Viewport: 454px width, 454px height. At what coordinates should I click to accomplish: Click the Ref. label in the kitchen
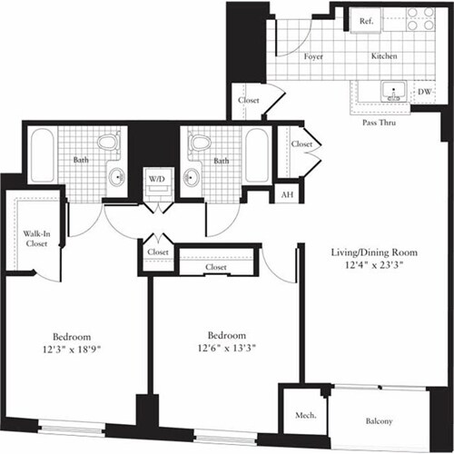[x=368, y=21]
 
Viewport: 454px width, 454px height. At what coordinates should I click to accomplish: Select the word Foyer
[x=314, y=56]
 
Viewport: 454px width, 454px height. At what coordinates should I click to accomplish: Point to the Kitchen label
[x=384, y=56]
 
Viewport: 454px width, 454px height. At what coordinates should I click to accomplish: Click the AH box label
[x=288, y=193]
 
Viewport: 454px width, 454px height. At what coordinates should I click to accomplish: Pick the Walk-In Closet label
[x=35, y=238]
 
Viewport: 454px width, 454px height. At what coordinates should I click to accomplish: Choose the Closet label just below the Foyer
[x=249, y=100]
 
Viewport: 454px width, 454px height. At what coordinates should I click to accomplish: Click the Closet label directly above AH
[x=301, y=143]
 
